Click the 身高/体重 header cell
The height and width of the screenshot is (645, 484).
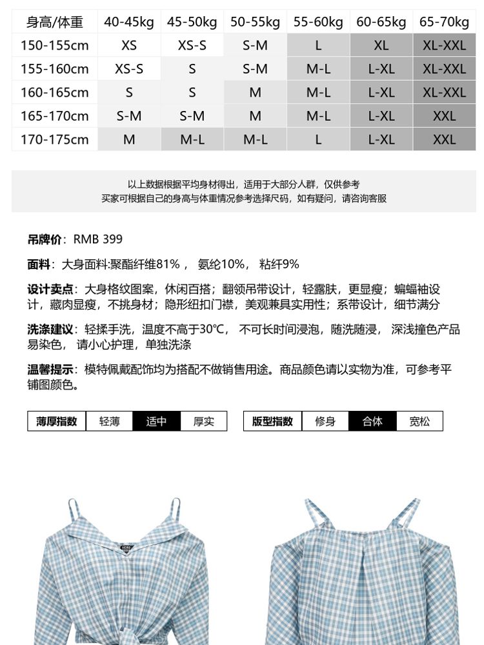click(55, 23)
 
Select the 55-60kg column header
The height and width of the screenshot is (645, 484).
click(318, 23)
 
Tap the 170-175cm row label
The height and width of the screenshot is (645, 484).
click(55, 139)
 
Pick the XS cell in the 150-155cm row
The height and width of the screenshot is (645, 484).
click(129, 46)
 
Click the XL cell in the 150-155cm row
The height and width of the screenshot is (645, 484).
click(381, 46)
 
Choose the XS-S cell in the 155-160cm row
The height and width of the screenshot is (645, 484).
click(129, 69)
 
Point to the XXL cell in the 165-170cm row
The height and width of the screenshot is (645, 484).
click(445, 116)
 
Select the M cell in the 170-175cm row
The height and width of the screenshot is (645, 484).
click(129, 139)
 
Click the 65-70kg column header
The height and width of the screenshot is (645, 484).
click(445, 23)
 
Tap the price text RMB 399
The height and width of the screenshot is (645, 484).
click(97, 239)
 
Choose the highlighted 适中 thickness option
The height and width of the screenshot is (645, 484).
click(156, 421)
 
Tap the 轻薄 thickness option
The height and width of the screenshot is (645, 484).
click(109, 421)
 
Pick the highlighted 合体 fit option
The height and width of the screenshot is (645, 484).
click(372, 421)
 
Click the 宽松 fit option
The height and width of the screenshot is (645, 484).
click(419, 421)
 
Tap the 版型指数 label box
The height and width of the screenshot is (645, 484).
click(272, 421)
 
